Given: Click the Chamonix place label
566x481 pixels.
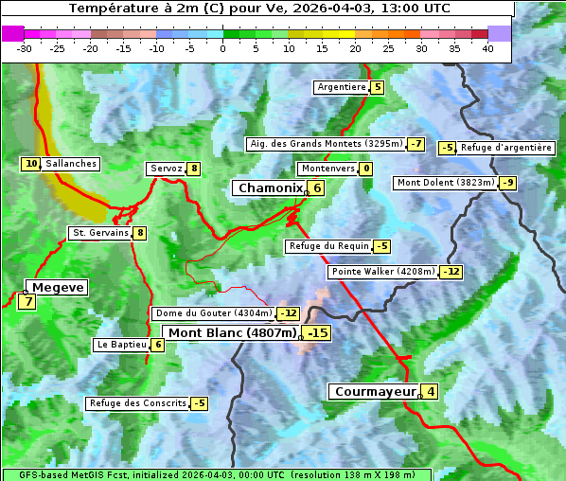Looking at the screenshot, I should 270,188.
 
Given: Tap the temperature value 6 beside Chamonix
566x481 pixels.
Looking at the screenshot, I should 317,188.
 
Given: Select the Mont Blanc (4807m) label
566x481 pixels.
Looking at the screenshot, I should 232,333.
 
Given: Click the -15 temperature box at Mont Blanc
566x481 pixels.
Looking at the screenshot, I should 317,333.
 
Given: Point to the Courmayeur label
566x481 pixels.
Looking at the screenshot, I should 375,391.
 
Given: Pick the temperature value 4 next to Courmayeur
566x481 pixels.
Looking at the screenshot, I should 431,391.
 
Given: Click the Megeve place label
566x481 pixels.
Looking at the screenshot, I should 58,287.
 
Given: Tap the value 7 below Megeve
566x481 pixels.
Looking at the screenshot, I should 27,303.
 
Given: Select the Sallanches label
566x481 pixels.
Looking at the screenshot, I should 71,164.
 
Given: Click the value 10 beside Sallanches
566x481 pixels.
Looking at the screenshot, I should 31,164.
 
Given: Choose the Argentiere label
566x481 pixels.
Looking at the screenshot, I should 342,87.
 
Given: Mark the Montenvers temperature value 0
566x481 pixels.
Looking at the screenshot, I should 366,169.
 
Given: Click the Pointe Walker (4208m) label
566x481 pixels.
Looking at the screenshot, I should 383,272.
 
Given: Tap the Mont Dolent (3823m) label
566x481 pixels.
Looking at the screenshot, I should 446,183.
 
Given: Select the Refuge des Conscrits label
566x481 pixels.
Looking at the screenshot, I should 137,403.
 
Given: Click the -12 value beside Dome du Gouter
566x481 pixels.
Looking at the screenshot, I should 288,313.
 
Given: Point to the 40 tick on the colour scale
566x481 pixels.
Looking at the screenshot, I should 487,48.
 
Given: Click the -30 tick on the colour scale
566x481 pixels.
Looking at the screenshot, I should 25,48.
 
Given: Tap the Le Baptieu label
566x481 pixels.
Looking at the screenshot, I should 121,345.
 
